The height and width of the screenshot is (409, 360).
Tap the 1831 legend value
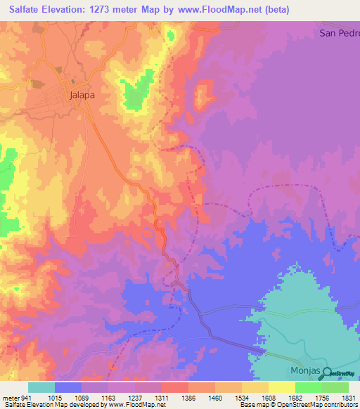pos(349,397)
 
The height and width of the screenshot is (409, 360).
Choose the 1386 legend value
pos(188,397)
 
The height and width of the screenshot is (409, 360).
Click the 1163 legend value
pos(108,397)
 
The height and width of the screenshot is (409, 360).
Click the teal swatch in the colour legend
pos(41,387)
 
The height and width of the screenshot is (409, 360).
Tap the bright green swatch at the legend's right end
pos(335,387)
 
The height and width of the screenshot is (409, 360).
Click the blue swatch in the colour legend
pos(68,387)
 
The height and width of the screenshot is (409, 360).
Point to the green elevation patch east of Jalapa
pos(136,93)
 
